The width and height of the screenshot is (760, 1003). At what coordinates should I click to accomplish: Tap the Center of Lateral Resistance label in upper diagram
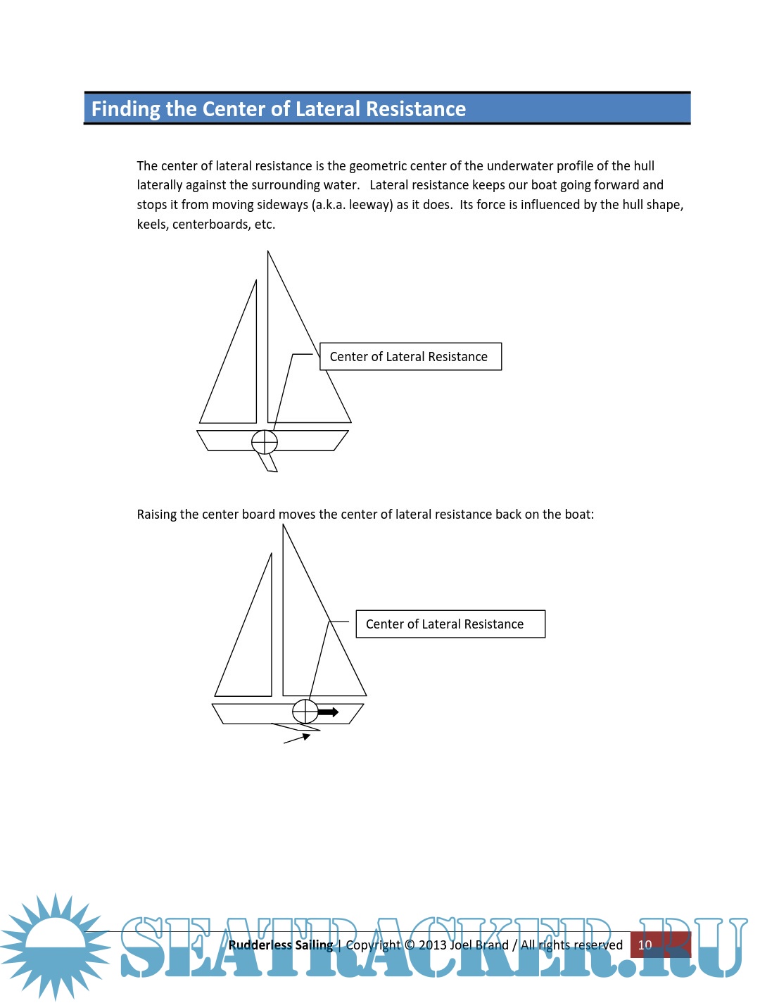tap(410, 357)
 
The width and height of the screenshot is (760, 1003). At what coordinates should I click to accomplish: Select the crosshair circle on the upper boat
tap(265, 442)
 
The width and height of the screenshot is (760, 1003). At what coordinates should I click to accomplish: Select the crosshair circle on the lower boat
tap(305, 712)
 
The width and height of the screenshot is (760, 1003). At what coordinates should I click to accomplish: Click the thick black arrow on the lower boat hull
tap(329, 712)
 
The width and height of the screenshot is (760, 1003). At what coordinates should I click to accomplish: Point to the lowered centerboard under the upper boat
tap(269, 462)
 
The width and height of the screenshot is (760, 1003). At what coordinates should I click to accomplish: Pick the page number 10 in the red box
tap(645, 945)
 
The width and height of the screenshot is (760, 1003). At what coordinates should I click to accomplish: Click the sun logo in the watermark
tap(55, 947)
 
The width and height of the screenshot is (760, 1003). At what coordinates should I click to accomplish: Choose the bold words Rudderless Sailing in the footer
tap(280, 945)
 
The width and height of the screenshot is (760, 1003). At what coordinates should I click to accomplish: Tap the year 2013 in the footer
tap(433, 945)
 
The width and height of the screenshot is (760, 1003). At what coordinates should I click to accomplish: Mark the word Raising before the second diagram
tap(157, 515)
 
